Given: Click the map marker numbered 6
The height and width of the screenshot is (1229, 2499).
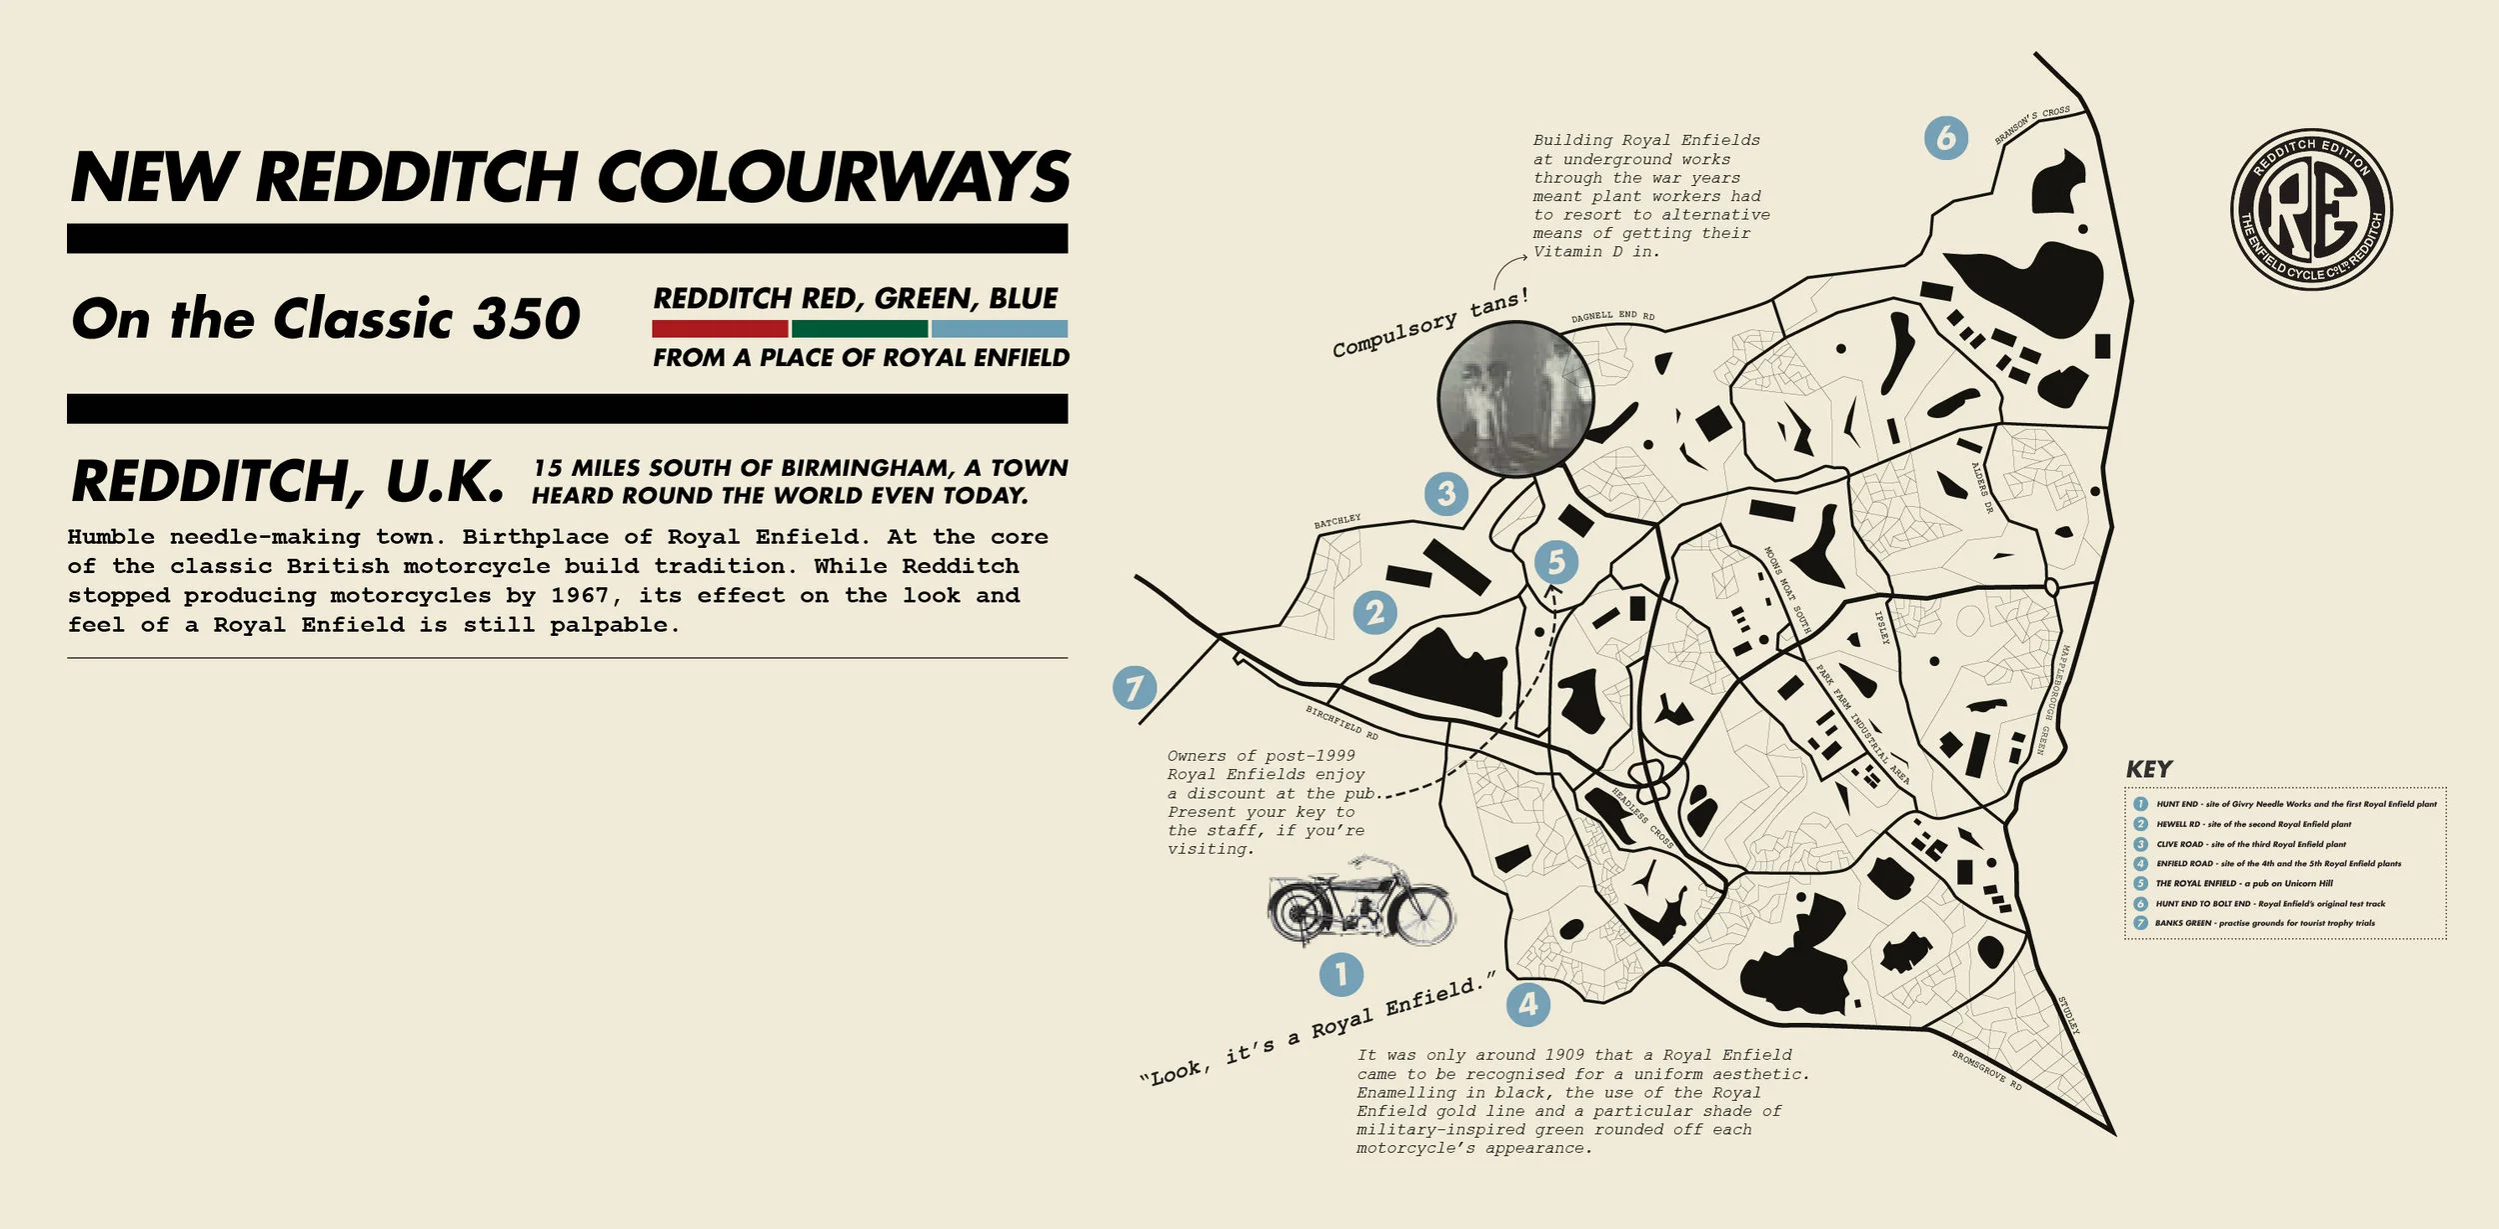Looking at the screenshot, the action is coord(1945,138).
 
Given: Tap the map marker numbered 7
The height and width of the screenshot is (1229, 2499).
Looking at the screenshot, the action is coord(1135,688).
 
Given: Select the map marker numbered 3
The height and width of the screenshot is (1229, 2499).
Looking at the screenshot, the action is coord(1446,493).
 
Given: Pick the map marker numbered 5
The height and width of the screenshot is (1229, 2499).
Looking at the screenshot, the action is coord(1556,562).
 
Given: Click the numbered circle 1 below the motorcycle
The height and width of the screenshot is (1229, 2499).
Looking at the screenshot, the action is coord(1340,973).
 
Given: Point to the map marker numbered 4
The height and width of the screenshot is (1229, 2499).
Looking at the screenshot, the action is coord(1528,1004).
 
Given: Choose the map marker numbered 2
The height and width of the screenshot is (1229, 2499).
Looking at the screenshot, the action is coord(1375,612).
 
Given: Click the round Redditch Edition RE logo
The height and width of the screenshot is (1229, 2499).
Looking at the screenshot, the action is coord(2311,210).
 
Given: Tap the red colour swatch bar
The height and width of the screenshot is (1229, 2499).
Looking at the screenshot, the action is coord(720,328).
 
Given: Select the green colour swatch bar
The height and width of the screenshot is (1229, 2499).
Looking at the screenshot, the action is coord(859,328).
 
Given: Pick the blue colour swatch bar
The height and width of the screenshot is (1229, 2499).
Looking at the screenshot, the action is coord(999,328).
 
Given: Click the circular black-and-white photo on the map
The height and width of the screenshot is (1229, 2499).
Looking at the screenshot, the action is coord(1515,398).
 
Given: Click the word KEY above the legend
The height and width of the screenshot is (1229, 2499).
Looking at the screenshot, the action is coord(2149,769).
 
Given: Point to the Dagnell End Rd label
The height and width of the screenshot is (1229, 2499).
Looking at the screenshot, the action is coord(1612,316).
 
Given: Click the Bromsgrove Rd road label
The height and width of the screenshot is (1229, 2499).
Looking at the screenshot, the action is coord(1986,1070).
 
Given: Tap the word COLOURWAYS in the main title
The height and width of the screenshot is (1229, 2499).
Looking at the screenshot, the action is coord(834,178).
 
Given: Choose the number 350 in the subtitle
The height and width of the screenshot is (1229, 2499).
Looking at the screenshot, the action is coord(526,319).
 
